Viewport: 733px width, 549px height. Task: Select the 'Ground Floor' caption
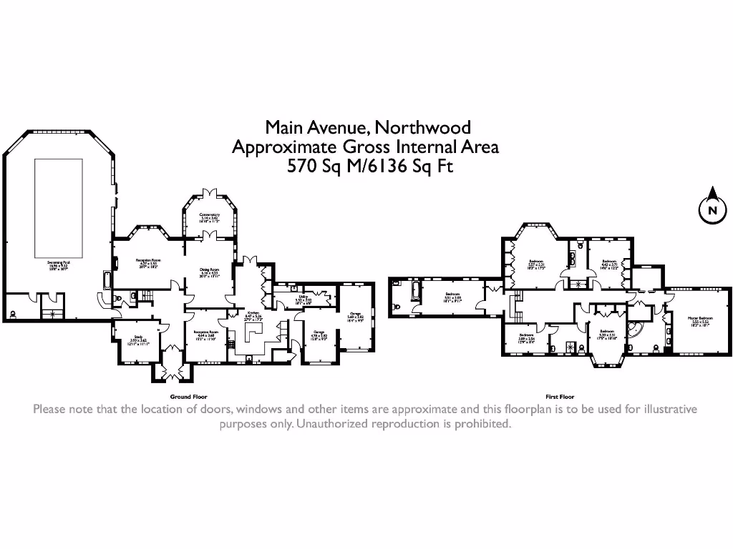pos(188,396)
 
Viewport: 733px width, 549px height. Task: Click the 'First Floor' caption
pos(559,396)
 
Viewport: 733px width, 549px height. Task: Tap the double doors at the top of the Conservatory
pos(209,193)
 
